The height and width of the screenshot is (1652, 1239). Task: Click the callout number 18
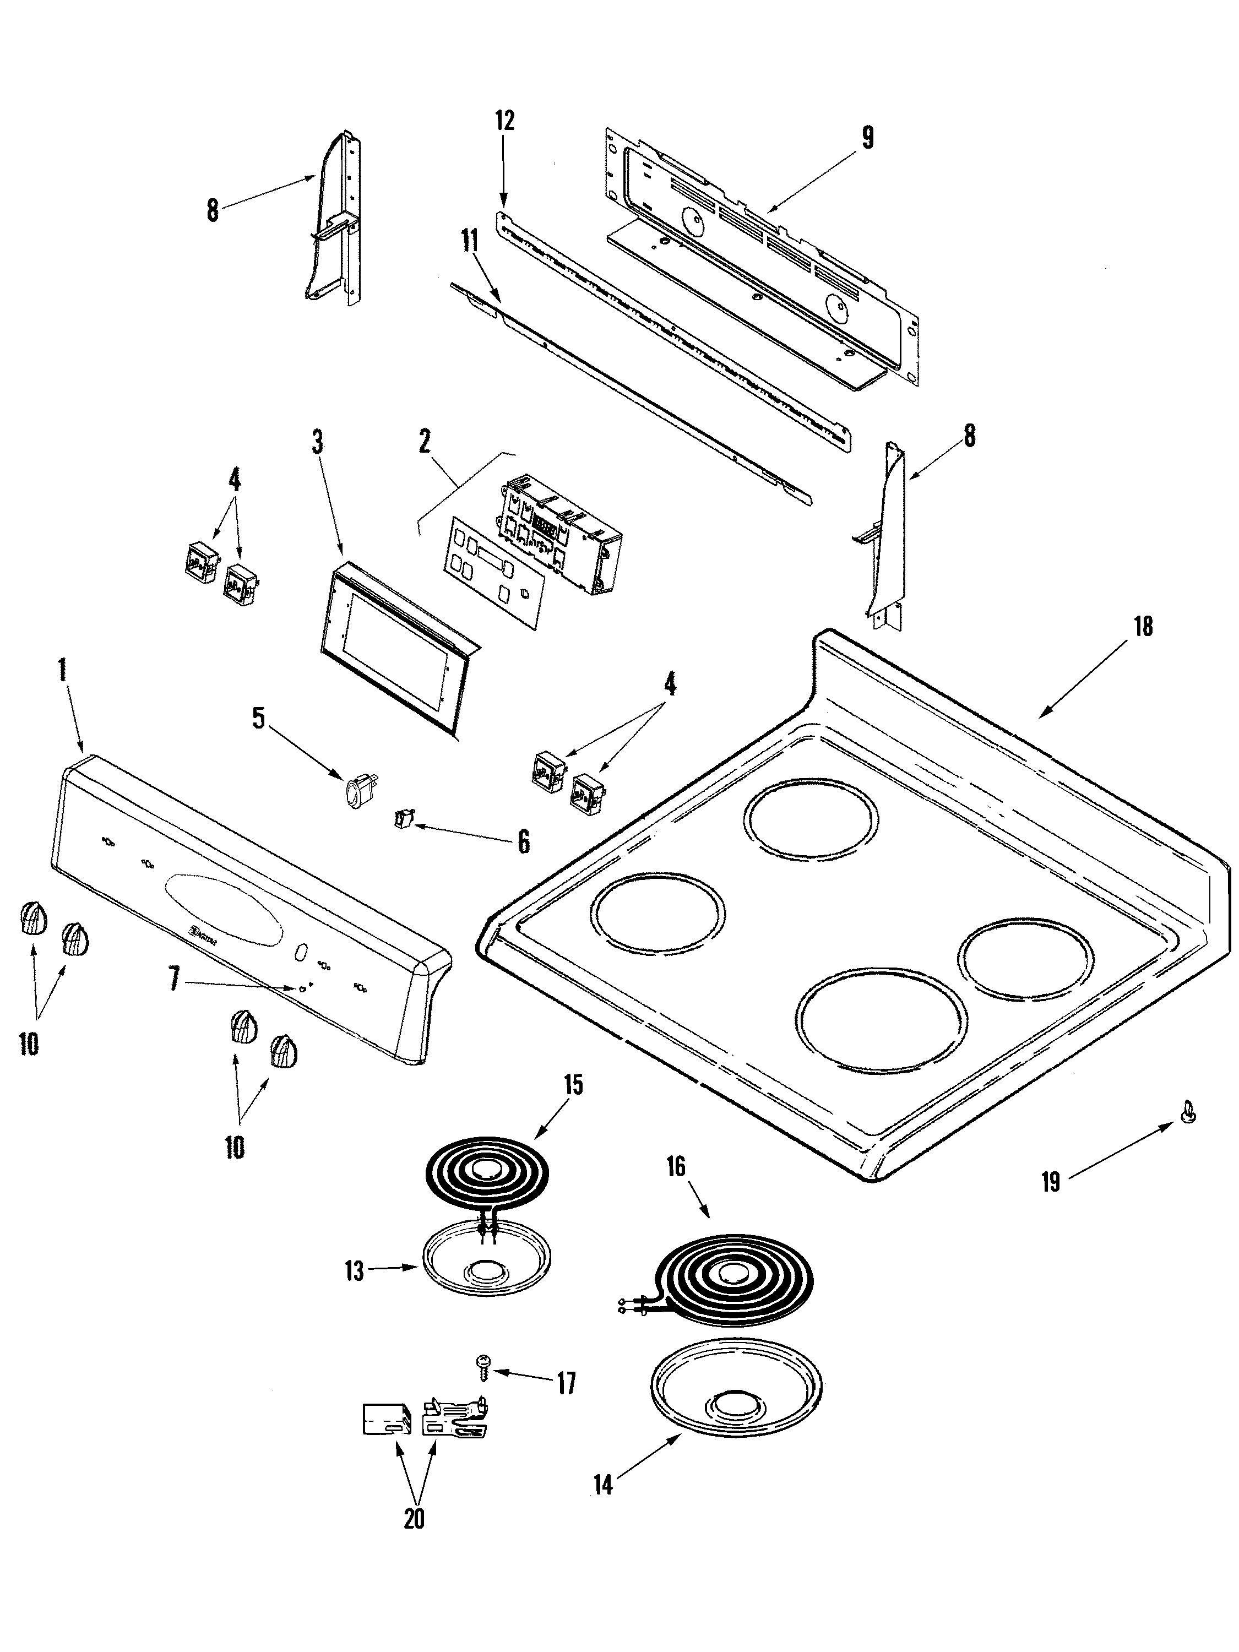point(1143,627)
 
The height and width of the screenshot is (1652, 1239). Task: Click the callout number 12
point(505,121)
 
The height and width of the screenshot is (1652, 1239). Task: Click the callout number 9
point(867,138)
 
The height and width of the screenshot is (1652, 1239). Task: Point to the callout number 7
point(173,979)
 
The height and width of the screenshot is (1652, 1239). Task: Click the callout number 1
point(63,670)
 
